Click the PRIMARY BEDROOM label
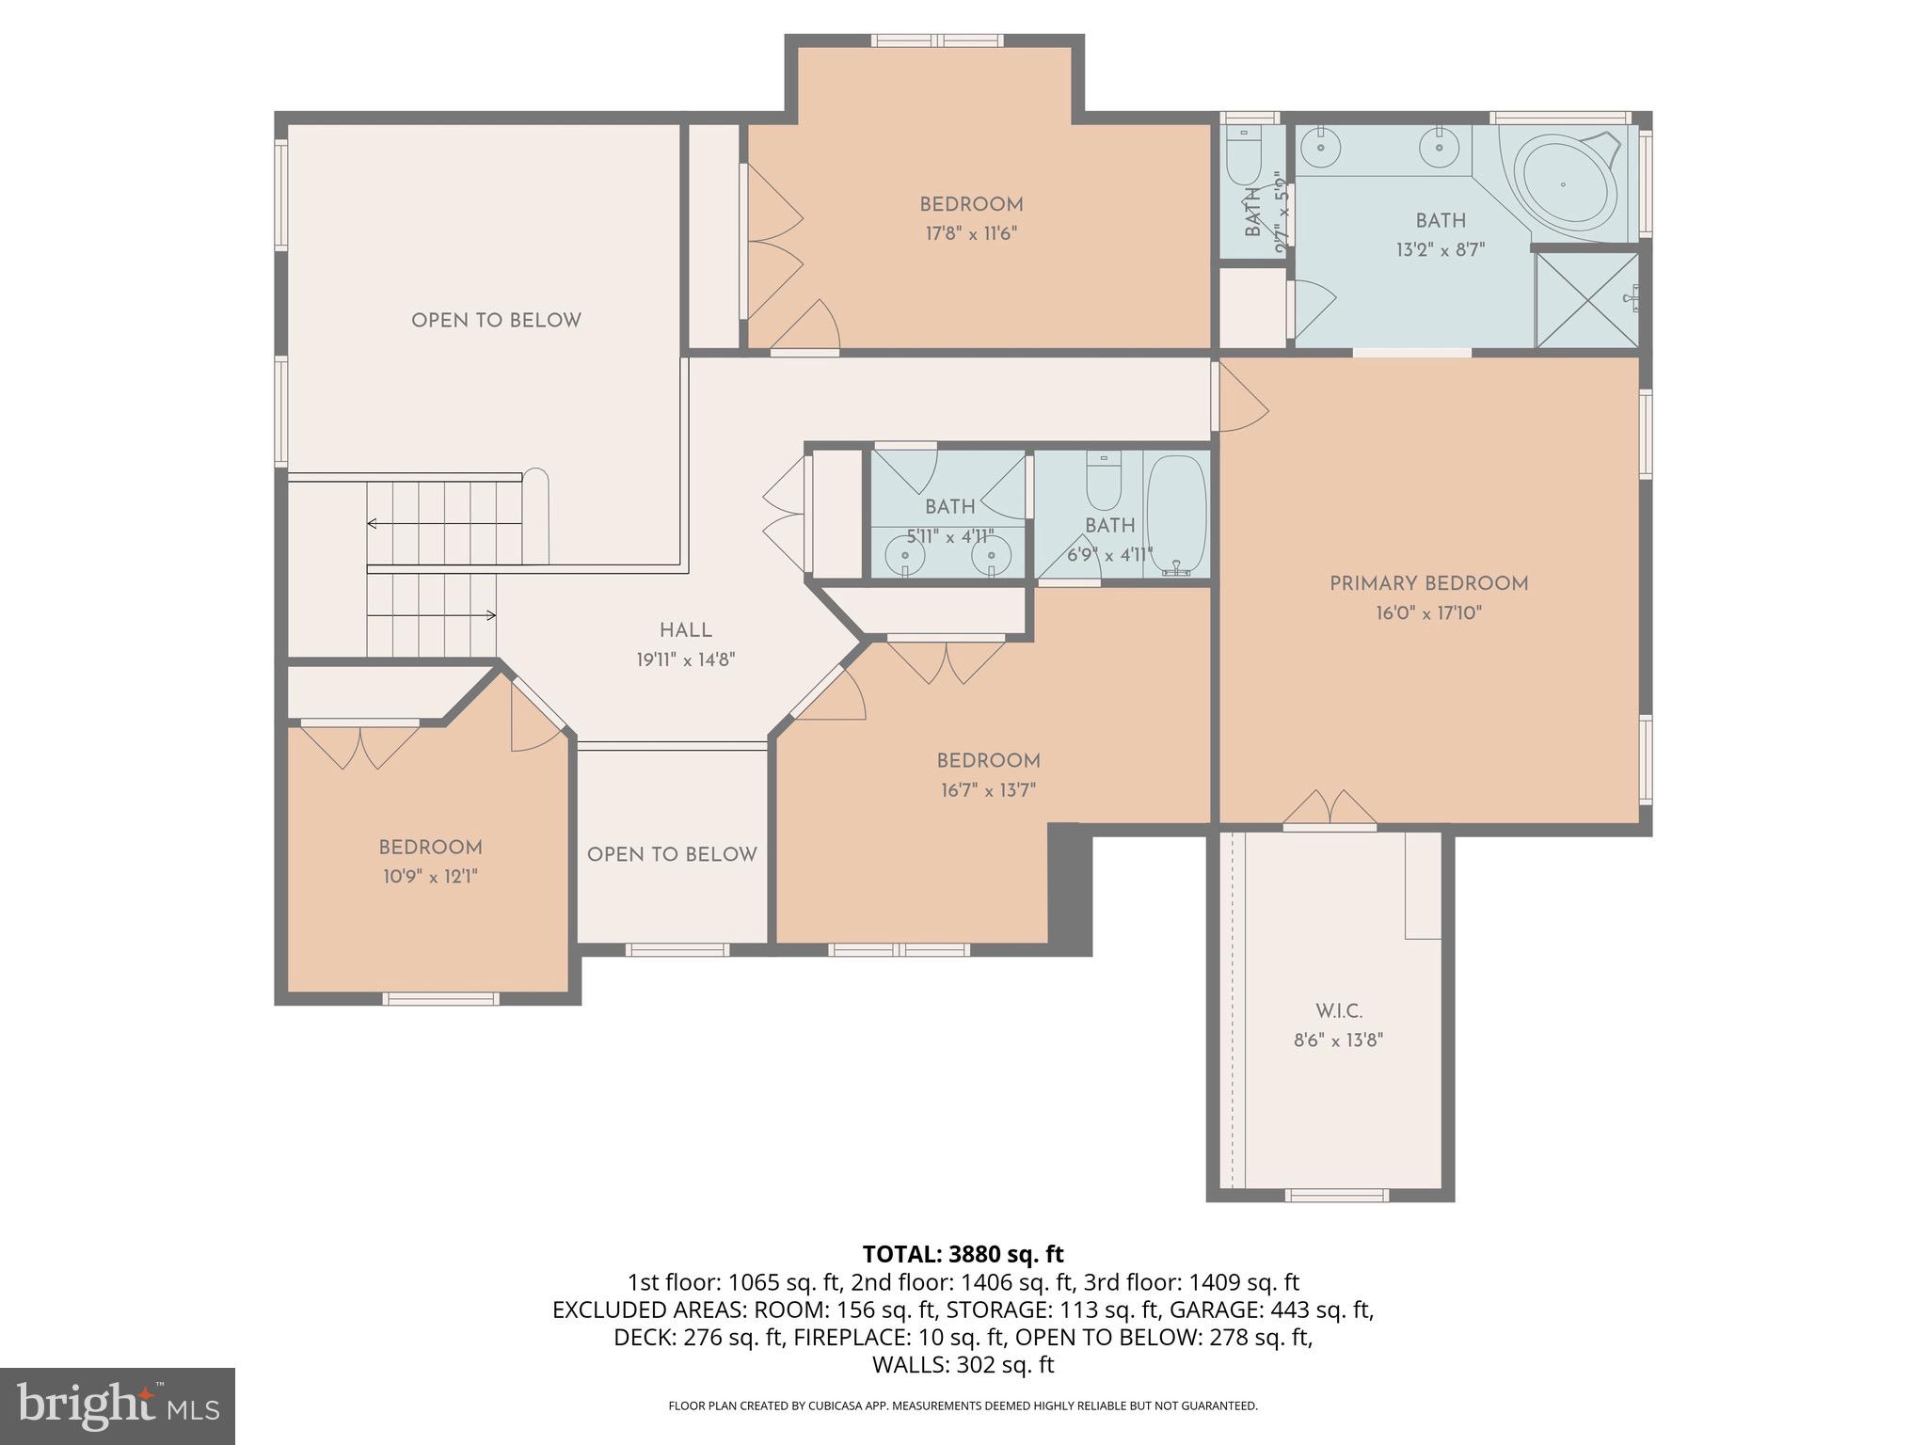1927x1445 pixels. pos(1427,583)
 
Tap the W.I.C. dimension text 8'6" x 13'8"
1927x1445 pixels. pos(1338,1040)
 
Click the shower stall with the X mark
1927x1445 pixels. pos(1586,299)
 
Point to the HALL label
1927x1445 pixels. pos(685,630)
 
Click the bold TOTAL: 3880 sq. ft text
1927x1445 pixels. pos(963,1254)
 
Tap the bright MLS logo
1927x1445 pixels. pos(117,1405)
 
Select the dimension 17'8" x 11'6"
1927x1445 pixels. pos(971,233)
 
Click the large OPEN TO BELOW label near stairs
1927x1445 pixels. pos(496,320)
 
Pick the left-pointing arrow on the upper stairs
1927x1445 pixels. pos(374,523)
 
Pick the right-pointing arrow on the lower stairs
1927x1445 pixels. pos(489,615)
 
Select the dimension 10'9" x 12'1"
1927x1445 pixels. pos(430,877)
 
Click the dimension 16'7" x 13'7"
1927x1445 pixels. pos(988,790)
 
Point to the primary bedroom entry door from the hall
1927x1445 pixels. pos(1240,399)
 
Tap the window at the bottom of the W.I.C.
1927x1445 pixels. pos(1336,1195)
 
